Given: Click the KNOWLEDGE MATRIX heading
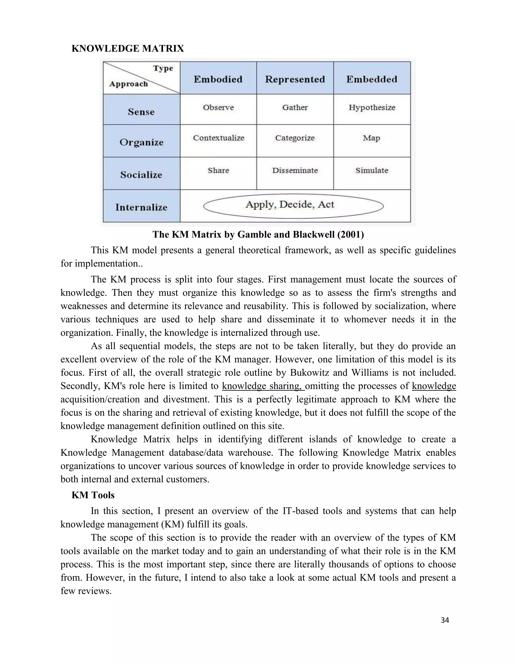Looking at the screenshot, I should click(x=127, y=48).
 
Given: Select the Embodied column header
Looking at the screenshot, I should click(x=218, y=79).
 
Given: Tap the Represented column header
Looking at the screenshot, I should click(x=295, y=79).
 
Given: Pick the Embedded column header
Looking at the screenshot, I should click(x=371, y=79).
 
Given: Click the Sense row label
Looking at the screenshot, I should click(x=141, y=112).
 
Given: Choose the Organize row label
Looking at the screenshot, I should click(x=141, y=142).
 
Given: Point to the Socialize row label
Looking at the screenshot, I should click(x=141, y=175).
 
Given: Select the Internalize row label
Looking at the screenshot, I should click(x=141, y=207).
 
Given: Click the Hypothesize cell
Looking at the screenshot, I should click(x=372, y=107).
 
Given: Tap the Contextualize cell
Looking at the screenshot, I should click(x=218, y=138).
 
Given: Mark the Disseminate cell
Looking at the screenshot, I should click(x=295, y=170).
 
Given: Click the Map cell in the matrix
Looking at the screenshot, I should click(x=371, y=138).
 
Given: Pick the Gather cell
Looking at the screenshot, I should click(x=295, y=107).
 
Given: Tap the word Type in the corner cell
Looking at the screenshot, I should click(x=163, y=68).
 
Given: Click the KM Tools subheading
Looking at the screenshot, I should click(x=93, y=495).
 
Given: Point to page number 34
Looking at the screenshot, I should click(x=444, y=620).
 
